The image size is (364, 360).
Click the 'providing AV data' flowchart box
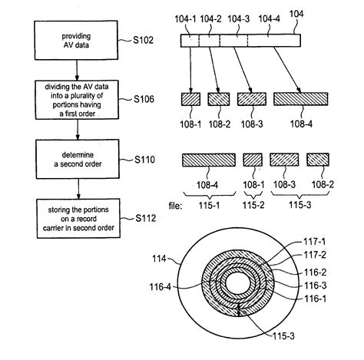pos(76,41)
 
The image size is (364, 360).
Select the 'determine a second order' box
pos(78,159)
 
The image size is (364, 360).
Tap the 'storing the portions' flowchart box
pos(78,219)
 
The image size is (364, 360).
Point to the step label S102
pos(143,40)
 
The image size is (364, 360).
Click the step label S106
pos(144,99)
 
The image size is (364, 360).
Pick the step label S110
pos(145,160)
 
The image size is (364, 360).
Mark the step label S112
pos(146,218)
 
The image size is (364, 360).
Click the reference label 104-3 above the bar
pos(239,18)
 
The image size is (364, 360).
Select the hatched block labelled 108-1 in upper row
pos(190,99)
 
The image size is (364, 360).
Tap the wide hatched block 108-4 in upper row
pos(301,99)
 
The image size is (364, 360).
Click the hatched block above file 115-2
pos(253,160)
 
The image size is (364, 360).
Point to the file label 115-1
pos(210,205)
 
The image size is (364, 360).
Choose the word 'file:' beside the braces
pos(175,206)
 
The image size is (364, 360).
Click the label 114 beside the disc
pos(159,259)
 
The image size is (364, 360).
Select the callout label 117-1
pos(315,241)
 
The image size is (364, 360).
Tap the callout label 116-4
pos(160,287)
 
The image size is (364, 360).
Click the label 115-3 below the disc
pos(283,336)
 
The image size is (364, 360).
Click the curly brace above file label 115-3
pos(299,195)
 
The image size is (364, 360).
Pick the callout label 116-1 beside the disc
pos(315,299)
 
